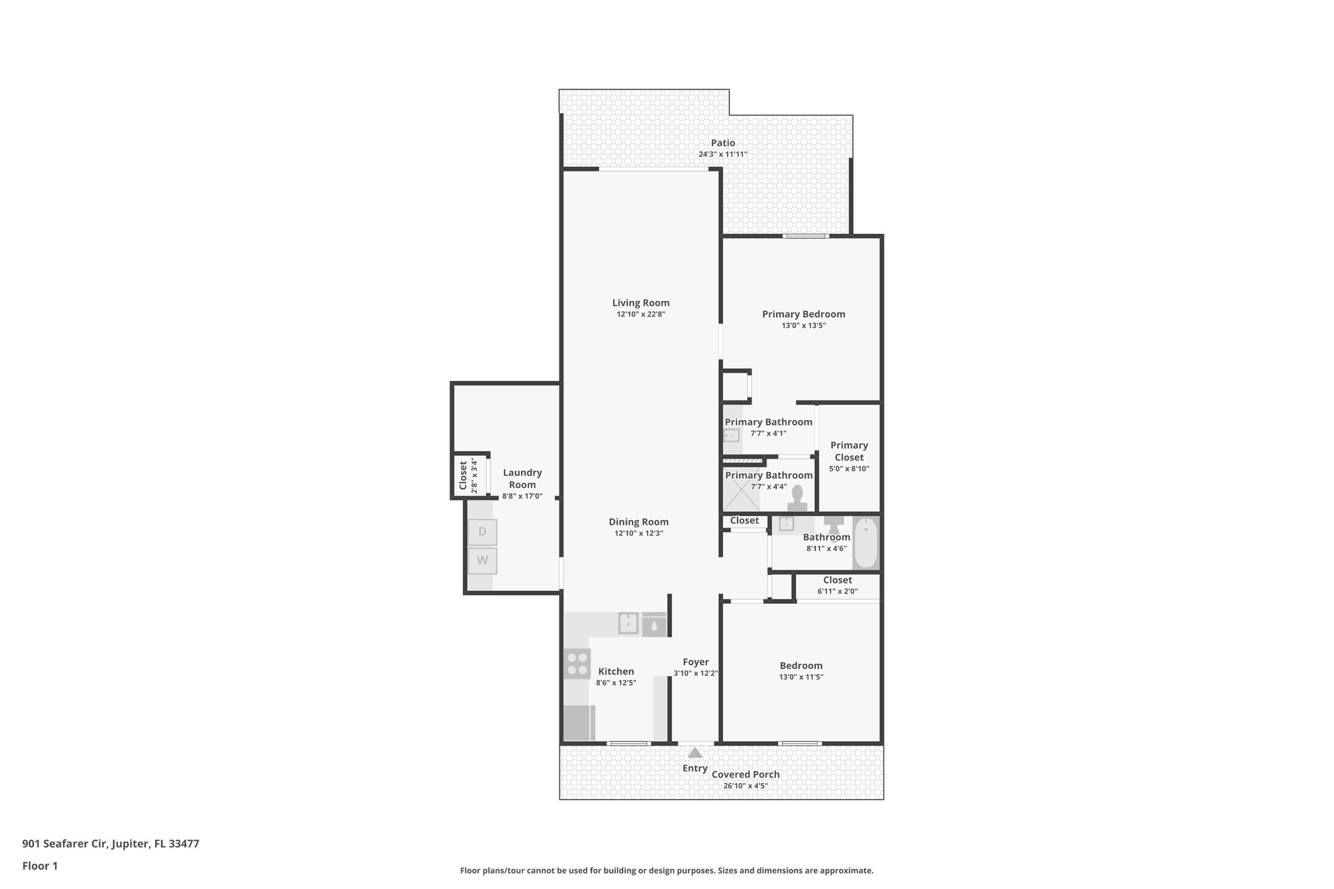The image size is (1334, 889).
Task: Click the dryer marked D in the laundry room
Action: tap(482, 531)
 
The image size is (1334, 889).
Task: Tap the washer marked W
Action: tap(482, 560)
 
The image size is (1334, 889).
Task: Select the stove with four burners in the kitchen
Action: tap(576, 664)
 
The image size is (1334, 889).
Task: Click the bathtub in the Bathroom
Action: tap(866, 543)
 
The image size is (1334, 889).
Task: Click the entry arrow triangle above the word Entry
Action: tap(695, 753)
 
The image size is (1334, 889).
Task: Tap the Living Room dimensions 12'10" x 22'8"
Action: tap(640, 314)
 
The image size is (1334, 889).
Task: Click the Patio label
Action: tap(722, 143)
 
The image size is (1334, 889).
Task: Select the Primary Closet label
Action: tap(849, 451)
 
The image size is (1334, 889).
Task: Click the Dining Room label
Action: tap(638, 522)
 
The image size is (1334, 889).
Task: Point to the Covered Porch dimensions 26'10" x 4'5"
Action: tap(745, 785)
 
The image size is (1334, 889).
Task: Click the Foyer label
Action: tap(695, 662)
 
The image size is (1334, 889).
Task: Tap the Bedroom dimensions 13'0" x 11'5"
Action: tap(801, 677)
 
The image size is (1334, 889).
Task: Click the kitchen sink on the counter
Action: tap(628, 623)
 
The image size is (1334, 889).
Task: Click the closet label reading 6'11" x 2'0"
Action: tap(837, 591)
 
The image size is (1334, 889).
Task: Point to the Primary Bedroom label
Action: tap(803, 314)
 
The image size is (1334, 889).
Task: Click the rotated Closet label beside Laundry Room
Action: tap(463, 475)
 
